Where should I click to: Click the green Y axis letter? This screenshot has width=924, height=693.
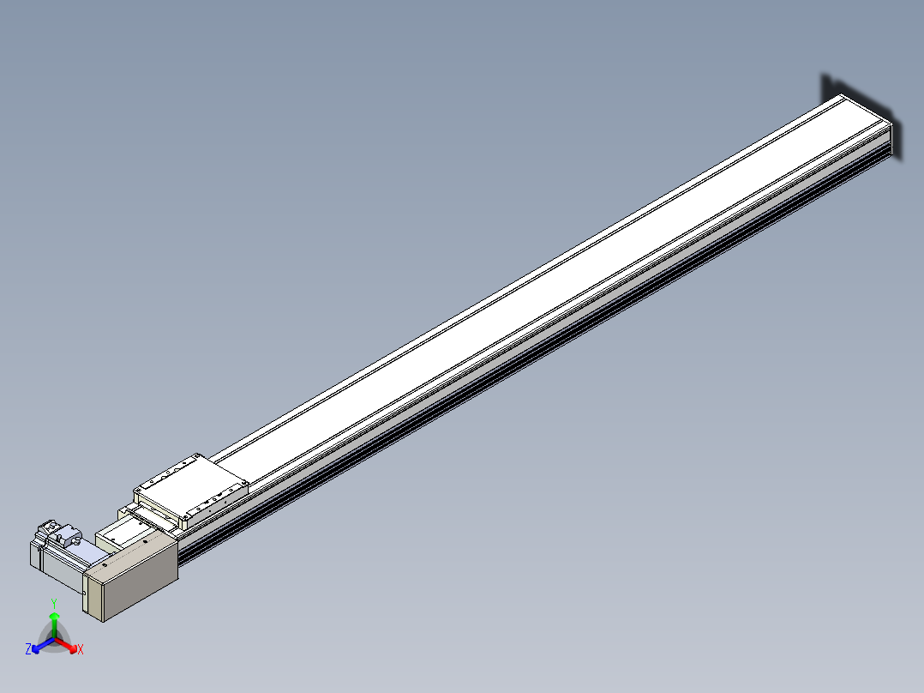click(x=54, y=603)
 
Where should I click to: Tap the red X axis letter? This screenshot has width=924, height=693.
click(x=81, y=649)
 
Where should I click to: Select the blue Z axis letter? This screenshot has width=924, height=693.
click(x=27, y=649)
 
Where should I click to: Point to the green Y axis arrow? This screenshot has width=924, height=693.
click(x=54, y=624)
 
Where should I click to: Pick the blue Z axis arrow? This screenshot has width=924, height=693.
click(x=43, y=645)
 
